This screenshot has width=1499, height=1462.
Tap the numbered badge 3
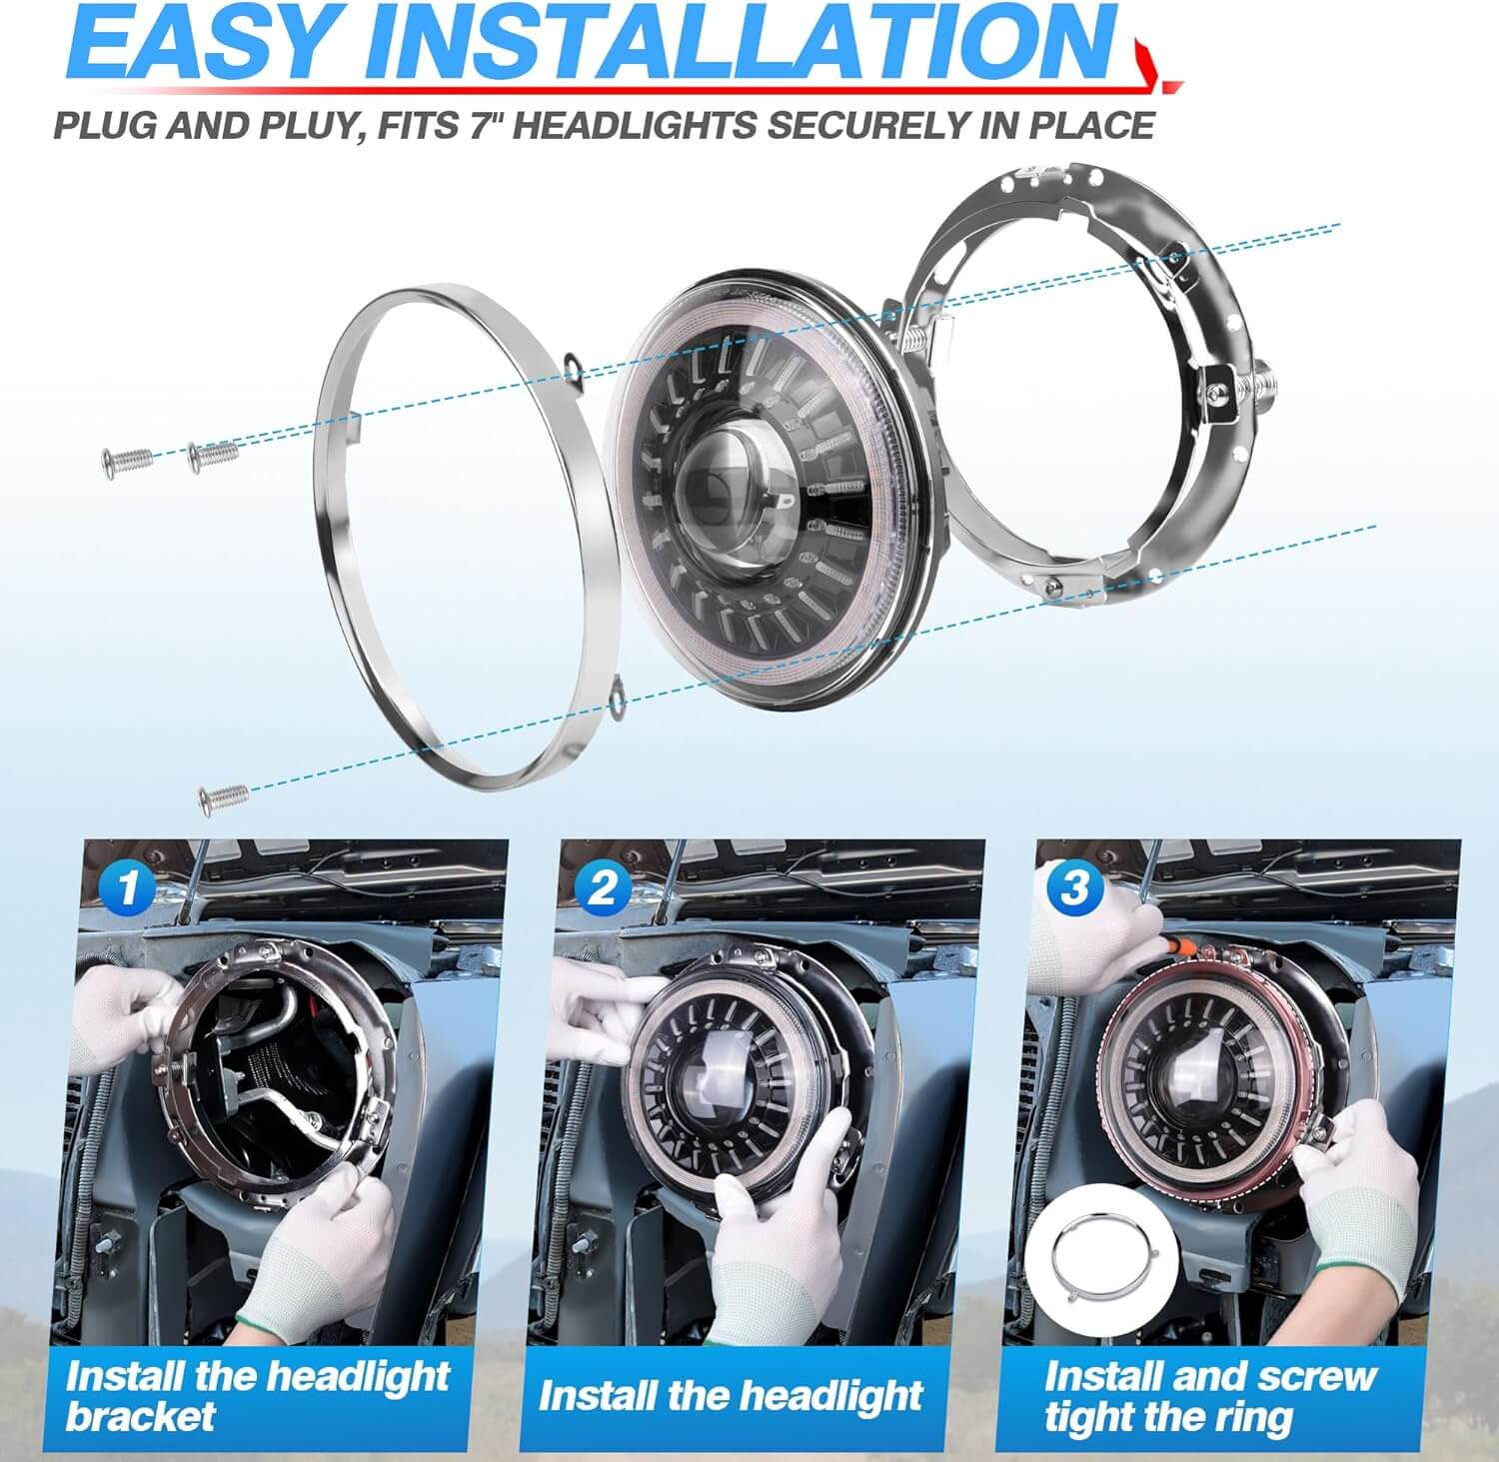point(1073,888)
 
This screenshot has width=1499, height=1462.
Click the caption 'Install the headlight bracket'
point(258,1396)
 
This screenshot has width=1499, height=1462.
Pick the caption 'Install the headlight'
point(730,1396)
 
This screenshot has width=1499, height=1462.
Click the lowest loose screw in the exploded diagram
point(225,796)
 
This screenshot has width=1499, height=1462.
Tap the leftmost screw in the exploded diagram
point(126,460)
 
